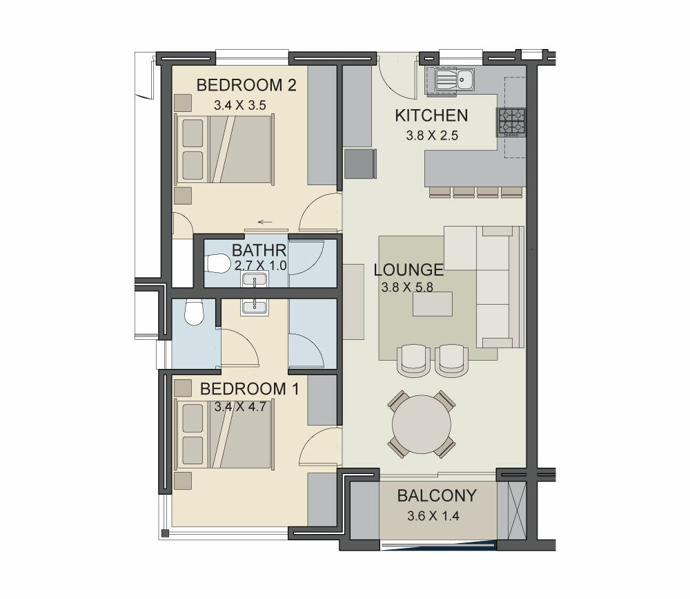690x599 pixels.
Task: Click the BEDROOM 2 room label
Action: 246,85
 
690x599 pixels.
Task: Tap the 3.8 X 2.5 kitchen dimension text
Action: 432,135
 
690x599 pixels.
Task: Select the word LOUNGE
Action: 408,269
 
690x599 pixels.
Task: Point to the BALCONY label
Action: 437,496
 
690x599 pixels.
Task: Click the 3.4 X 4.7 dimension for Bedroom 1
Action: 240,406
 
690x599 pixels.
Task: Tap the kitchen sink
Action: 454,79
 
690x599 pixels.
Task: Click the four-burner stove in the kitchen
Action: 512,122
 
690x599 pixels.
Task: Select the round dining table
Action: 422,424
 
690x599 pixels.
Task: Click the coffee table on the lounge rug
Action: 433,304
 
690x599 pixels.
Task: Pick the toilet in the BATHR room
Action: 218,264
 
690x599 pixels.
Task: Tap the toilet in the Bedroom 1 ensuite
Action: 194,312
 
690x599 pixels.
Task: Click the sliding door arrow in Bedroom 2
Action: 265,222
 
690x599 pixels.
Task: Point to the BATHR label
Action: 259,250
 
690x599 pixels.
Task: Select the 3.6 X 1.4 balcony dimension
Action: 433,515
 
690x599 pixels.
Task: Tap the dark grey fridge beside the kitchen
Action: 360,164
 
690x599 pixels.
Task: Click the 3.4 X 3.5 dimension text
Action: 240,105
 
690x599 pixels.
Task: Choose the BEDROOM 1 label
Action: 250,389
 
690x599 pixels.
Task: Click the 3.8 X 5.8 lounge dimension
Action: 408,287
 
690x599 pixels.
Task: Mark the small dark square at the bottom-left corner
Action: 165,533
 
